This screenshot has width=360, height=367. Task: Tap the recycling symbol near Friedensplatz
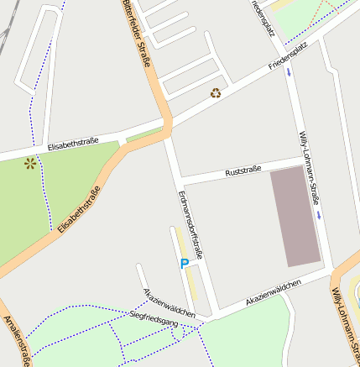pyautogui.click(x=216, y=93)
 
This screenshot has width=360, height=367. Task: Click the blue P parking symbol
pyautogui.click(x=185, y=264)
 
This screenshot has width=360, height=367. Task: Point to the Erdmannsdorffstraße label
pyautogui.click(x=190, y=225)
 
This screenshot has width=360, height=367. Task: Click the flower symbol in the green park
pyautogui.click(x=31, y=163)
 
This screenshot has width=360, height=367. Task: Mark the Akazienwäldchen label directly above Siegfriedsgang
pyautogui.click(x=170, y=302)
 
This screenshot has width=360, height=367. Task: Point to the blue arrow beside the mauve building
pyautogui.click(x=320, y=215)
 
